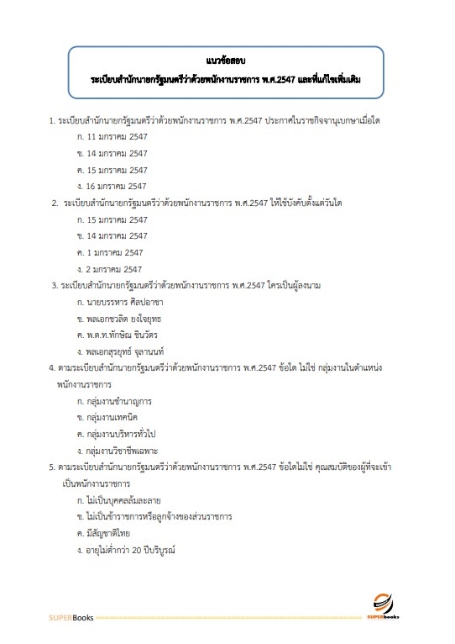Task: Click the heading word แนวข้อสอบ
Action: tap(227, 61)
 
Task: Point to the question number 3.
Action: tap(54, 286)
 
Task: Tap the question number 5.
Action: tap(51, 465)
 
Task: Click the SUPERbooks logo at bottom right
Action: tap(384, 607)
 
